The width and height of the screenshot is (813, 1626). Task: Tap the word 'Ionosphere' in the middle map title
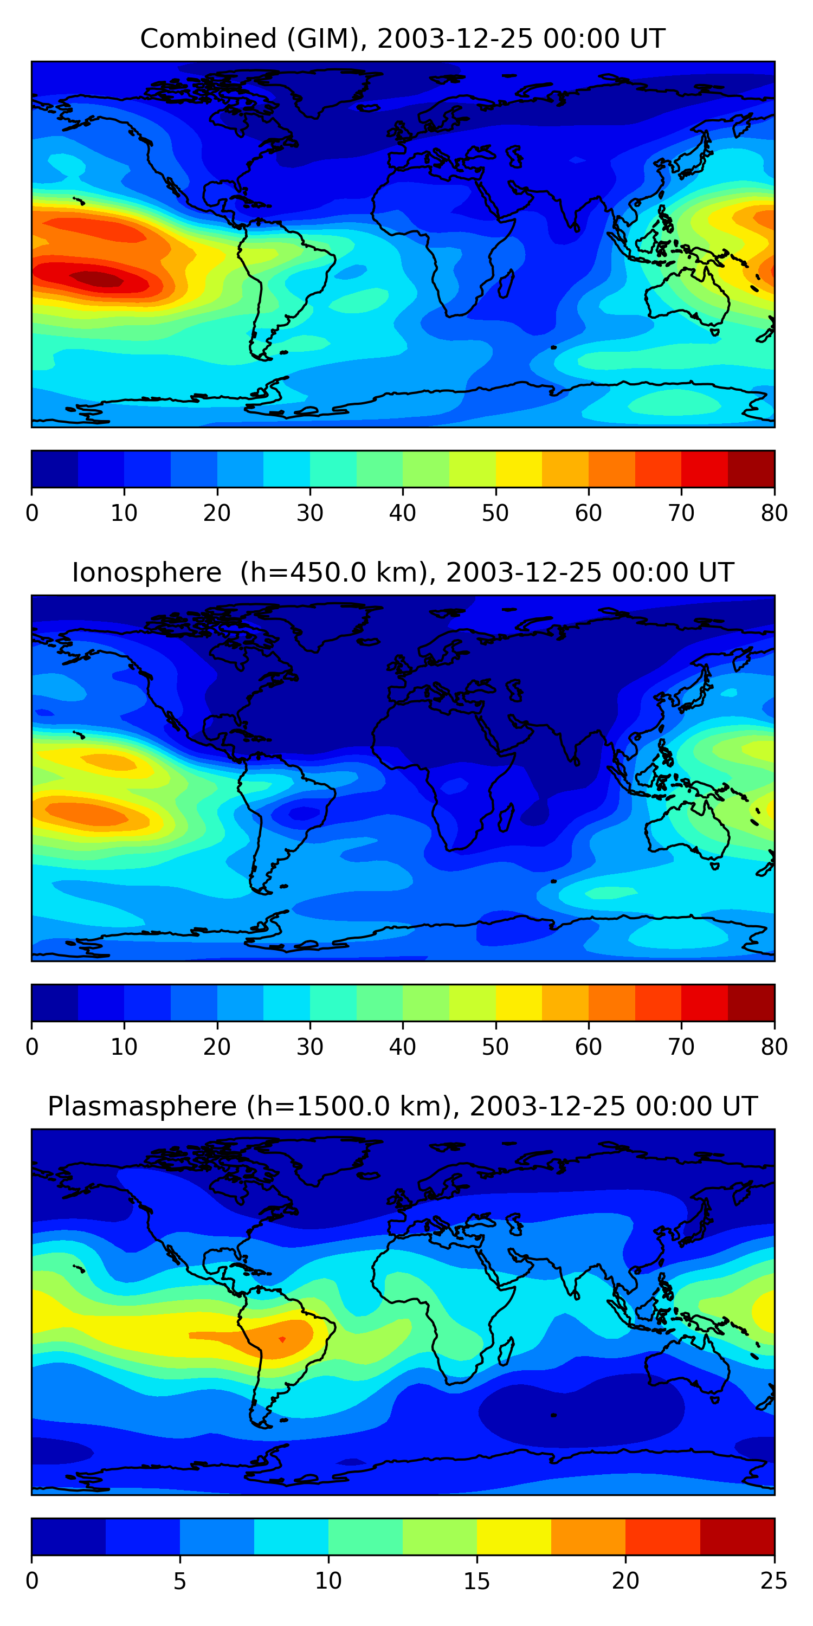coord(146,573)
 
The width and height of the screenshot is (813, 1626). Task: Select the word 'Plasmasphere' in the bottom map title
coord(142,1107)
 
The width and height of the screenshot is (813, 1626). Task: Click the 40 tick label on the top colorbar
coord(403,513)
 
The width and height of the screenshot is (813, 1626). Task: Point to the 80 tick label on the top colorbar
coord(774,513)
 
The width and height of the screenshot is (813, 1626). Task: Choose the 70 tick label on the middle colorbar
coord(681,1047)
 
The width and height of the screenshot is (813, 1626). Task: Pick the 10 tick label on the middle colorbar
coord(124,1047)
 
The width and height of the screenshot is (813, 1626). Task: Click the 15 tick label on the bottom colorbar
coord(476,1580)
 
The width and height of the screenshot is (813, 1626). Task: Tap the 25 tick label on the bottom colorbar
coord(774,1580)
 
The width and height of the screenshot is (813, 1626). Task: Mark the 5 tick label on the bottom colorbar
coord(180,1580)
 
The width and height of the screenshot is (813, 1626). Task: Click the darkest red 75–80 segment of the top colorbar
coord(751,469)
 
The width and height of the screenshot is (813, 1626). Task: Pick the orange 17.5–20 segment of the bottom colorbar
coord(588,1537)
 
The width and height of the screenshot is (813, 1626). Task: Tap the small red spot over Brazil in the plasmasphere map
coord(282,1339)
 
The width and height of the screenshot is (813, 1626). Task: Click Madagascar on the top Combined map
coord(506,283)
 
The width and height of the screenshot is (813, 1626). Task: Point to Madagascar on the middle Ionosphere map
coord(506,817)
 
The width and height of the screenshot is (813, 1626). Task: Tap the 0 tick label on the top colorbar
coord(32,513)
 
